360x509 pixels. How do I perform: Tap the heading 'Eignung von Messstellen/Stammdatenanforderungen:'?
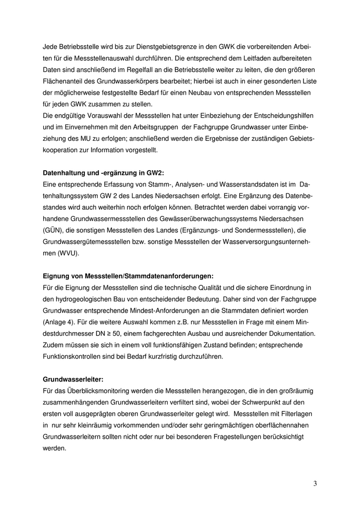coord(128,276)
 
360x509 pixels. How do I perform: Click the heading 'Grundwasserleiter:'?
coord(73,379)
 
